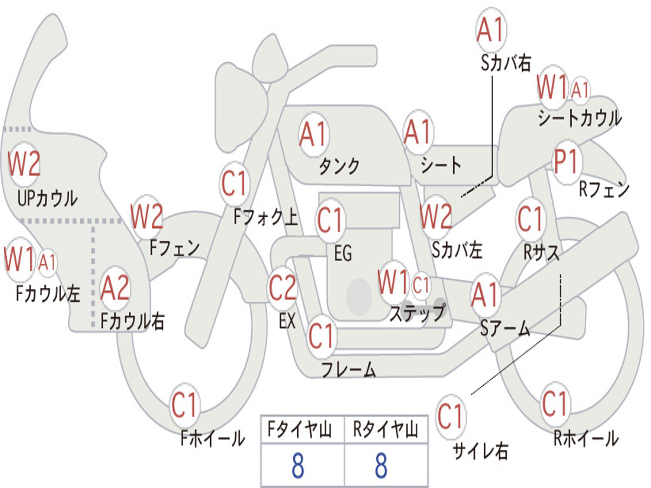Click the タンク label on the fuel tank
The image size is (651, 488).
pyautogui.click(x=339, y=166)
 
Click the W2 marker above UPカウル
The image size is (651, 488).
pyautogui.click(x=24, y=163)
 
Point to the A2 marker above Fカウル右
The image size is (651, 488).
pyautogui.click(x=115, y=288)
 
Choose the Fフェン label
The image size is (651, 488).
pyautogui.click(x=175, y=247)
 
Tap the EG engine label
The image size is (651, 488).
pyautogui.click(x=343, y=253)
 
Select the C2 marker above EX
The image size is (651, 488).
pyautogui.click(x=283, y=288)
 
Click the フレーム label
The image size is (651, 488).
pyautogui.click(x=348, y=369)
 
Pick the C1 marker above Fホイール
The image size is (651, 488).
pyautogui.click(x=185, y=405)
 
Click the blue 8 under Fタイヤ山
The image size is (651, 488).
pyautogui.click(x=298, y=466)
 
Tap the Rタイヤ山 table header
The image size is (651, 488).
pyautogui.click(x=385, y=431)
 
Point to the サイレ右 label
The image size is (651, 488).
pyautogui.click(x=480, y=451)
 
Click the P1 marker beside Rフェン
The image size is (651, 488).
pyautogui.click(x=565, y=163)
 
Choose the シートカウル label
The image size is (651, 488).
pyautogui.click(x=579, y=118)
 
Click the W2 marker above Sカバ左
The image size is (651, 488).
pyautogui.click(x=437, y=217)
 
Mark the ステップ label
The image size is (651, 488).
pyautogui.click(x=417, y=313)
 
